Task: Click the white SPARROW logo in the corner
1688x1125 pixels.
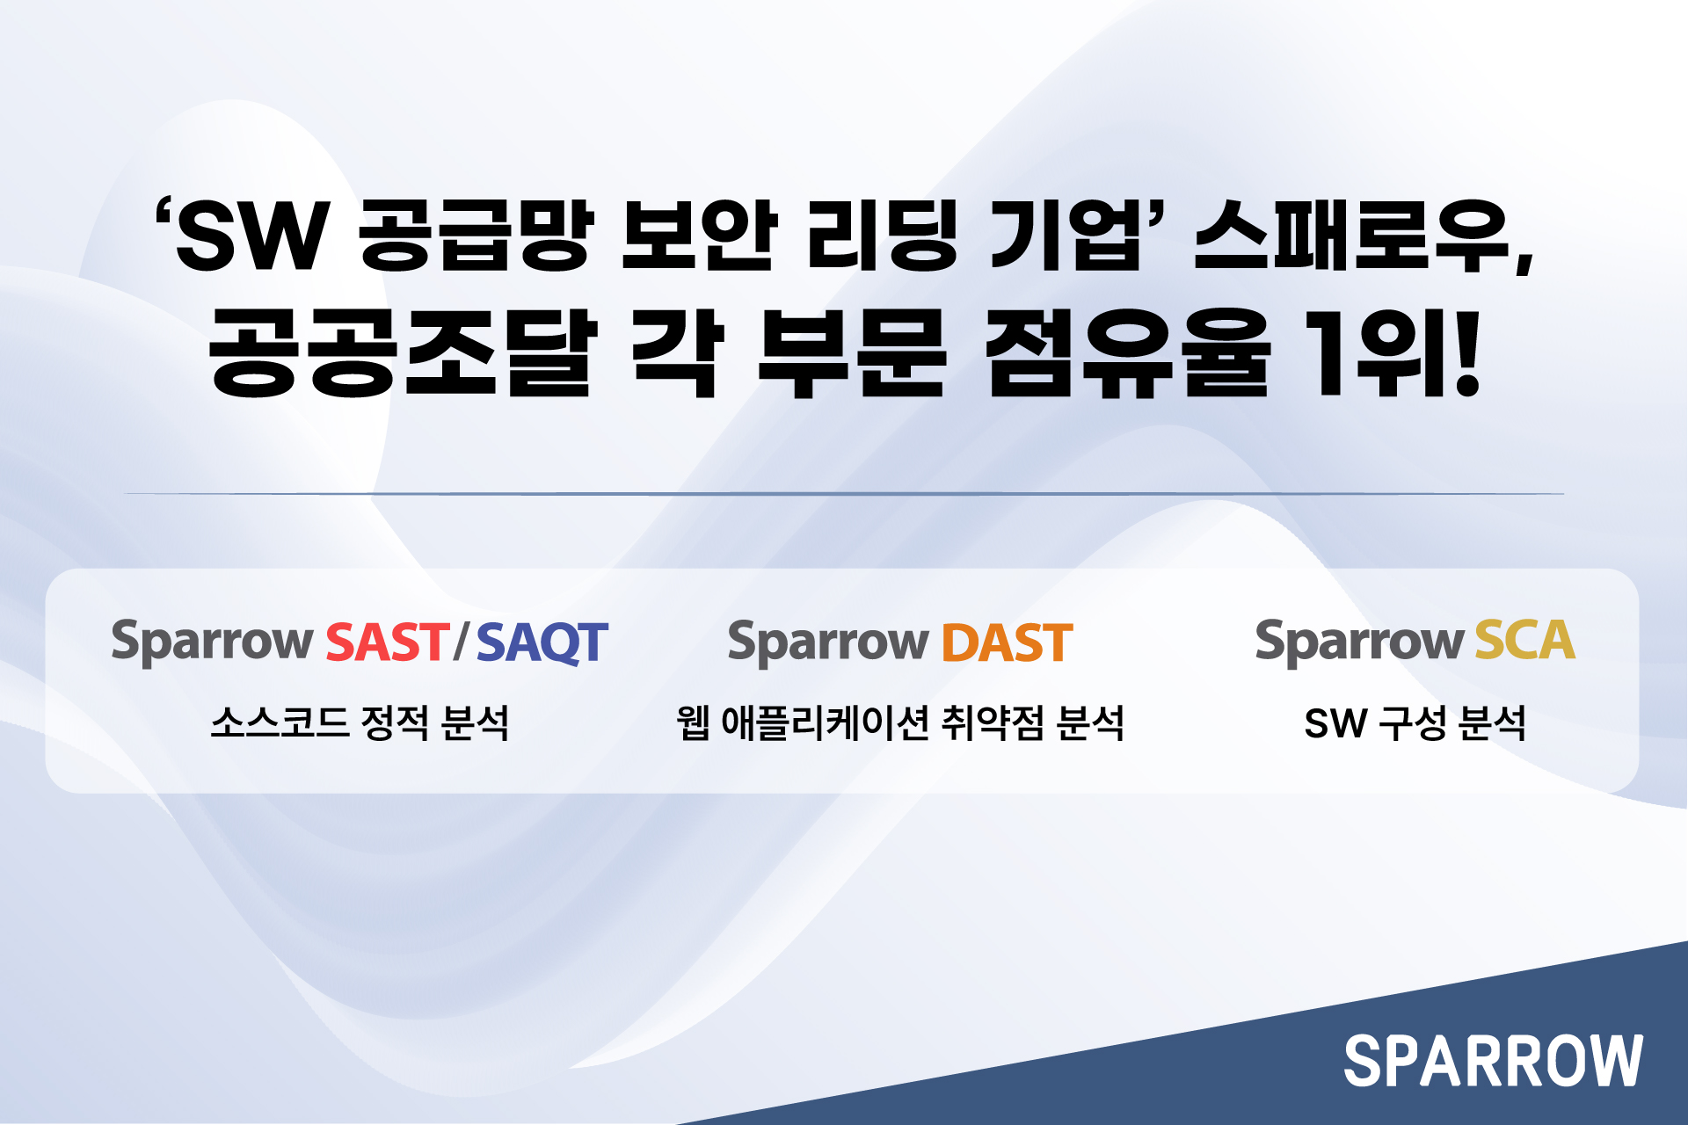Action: (1493, 1060)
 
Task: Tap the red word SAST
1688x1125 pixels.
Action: (388, 642)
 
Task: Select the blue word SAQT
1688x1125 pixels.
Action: (542, 642)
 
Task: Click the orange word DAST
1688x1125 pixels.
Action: (1008, 642)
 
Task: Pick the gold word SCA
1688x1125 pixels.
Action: (1524, 640)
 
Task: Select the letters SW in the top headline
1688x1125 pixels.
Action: (253, 236)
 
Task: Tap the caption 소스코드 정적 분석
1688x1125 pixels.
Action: (360, 723)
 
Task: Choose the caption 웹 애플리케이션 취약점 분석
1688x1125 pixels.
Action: (900, 723)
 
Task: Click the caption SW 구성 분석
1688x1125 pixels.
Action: (1415, 723)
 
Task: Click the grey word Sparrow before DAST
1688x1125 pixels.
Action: (828, 642)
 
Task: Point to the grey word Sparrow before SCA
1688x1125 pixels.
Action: (1359, 641)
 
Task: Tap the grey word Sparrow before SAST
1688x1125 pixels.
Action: (212, 642)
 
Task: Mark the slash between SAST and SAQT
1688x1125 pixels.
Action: (462, 642)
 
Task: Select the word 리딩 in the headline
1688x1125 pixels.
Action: (882, 235)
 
